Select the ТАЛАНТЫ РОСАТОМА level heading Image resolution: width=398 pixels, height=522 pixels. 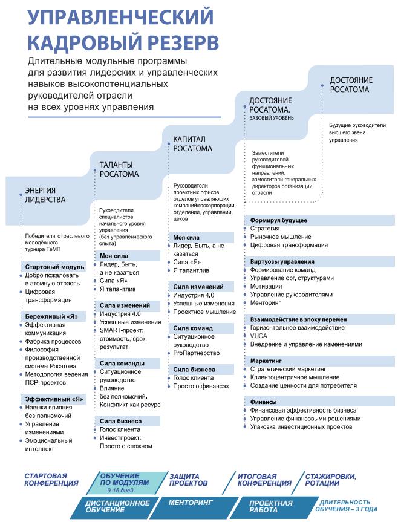[x=119, y=169]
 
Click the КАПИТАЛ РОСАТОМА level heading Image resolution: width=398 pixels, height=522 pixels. [x=193, y=143]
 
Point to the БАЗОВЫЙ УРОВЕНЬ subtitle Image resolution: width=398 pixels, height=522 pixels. [x=272, y=118]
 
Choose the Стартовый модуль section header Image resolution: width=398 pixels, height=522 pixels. [x=55, y=267]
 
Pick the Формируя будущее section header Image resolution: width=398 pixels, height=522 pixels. [x=278, y=220]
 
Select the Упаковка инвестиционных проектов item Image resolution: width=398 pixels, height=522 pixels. [x=301, y=426]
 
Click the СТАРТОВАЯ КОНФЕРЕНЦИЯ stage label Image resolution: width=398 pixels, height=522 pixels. [x=51, y=480]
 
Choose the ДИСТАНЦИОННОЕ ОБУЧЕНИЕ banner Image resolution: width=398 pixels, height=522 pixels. [x=117, y=507]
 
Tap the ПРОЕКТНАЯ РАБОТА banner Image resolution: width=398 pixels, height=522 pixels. [x=270, y=507]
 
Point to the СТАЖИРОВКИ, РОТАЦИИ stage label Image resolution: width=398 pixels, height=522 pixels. [x=330, y=480]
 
